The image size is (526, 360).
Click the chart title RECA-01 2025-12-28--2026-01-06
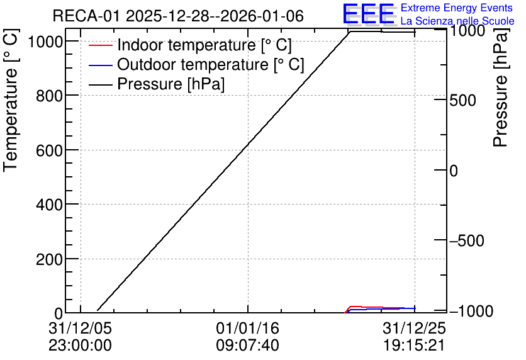tap(178, 16)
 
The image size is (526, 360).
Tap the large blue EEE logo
tap(369, 14)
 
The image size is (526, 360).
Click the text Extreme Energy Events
tap(457, 8)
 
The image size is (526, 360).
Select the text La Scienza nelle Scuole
tap(457, 21)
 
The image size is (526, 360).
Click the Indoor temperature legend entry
tap(190, 45)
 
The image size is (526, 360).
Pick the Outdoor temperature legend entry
tap(196, 64)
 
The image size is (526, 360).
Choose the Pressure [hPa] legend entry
tap(156, 84)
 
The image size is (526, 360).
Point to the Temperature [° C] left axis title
tap(11, 101)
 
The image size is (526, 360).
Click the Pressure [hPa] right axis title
tap(501, 87)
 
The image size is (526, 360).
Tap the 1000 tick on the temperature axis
tap(45, 42)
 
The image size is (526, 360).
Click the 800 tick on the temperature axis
tap(49, 96)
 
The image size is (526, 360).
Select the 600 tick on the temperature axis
tap(49, 150)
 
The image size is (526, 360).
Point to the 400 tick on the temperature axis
tap(49, 205)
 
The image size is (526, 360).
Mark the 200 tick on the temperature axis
tap(49, 259)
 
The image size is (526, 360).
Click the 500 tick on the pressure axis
tap(462, 100)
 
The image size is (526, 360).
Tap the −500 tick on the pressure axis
tap(467, 240)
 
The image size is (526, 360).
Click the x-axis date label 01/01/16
tap(247, 328)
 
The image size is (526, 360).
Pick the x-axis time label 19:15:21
tap(414, 345)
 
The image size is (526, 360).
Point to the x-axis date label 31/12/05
tap(80, 328)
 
